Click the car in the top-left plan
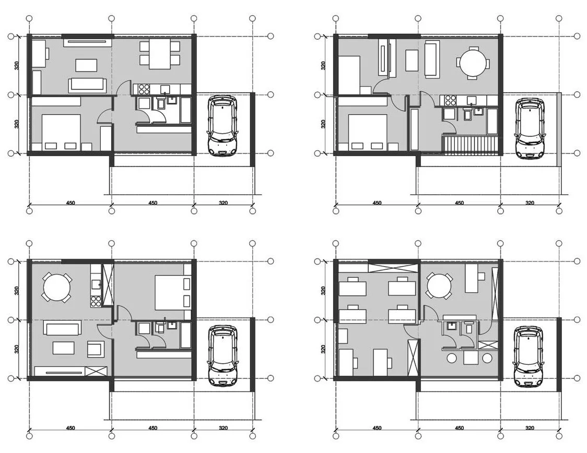pyautogui.click(x=222, y=125)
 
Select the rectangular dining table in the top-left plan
pyautogui.click(x=160, y=55)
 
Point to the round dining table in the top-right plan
pyautogui.click(x=473, y=63)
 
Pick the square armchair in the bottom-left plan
pyautogui.click(x=95, y=348)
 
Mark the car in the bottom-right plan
pyautogui.click(x=529, y=356)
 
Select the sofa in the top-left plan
pyautogui.click(x=87, y=85)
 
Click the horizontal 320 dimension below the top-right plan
pyautogui.click(x=530, y=203)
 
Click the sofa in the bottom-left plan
pyautogui.click(x=63, y=328)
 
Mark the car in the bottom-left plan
pyautogui.click(x=222, y=356)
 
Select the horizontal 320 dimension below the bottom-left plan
pyautogui.click(x=223, y=428)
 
